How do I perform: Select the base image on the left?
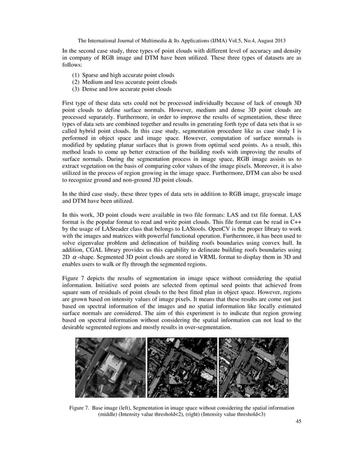(110, 367)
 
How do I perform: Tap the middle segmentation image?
(182, 367)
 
